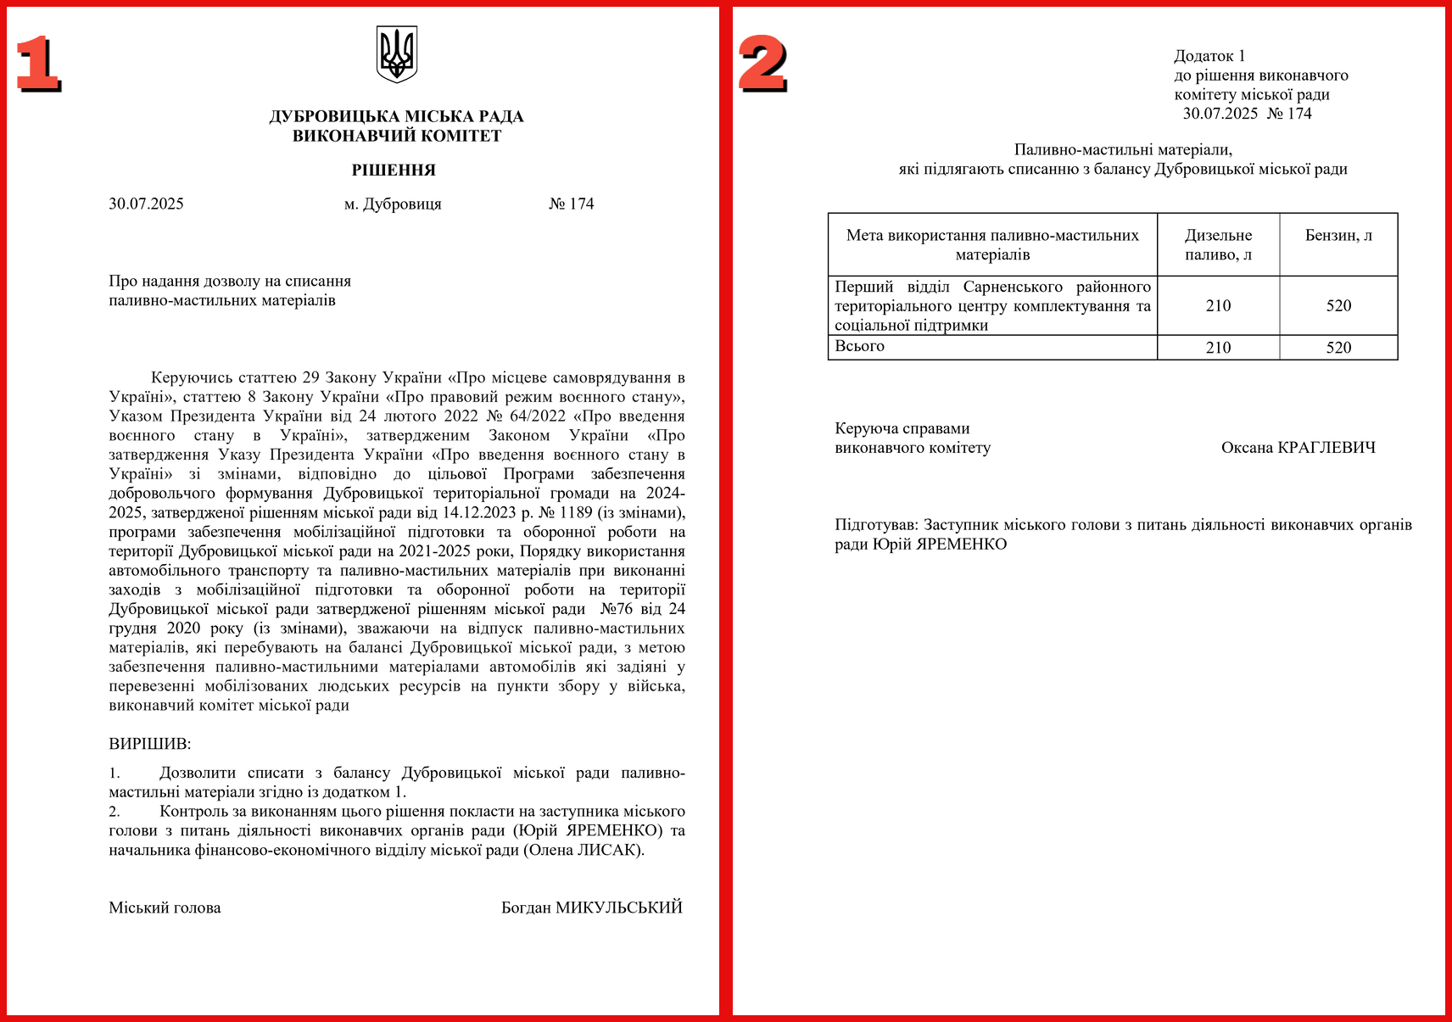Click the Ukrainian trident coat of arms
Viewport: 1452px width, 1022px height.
[396, 53]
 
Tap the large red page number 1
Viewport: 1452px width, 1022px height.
[38, 64]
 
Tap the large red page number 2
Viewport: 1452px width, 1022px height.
[762, 64]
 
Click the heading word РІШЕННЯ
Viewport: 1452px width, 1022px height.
[394, 170]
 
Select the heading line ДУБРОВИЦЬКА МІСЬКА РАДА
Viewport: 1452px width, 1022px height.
[396, 117]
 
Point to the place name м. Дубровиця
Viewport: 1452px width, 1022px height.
[393, 204]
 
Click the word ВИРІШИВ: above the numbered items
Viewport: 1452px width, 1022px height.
[150, 745]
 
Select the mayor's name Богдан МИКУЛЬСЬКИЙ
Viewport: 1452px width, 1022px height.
[591, 908]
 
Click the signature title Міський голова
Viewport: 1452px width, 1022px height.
[165, 908]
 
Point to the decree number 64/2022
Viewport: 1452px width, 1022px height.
[537, 416]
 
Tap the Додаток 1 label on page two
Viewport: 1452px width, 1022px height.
[1209, 57]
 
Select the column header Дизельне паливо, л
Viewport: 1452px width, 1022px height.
[1218, 245]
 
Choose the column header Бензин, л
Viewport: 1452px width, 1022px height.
[1338, 236]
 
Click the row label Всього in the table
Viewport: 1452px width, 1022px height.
[859, 346]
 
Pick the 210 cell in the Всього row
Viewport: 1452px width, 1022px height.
[1218, 348]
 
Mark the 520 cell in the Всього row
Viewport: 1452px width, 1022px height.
[1338, 348]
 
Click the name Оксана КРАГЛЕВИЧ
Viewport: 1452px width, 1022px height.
[1298, 448]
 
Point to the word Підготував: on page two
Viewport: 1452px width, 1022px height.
[876, 525]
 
